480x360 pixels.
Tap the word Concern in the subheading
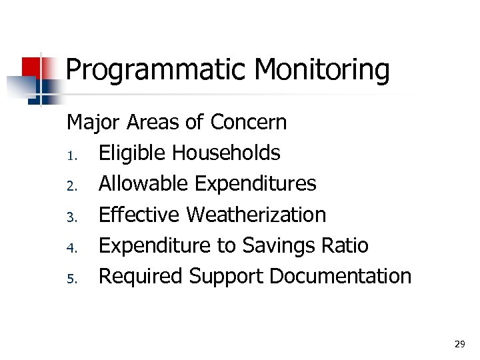click(248, 123)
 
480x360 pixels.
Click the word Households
click(226, 153)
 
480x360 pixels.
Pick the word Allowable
click(143, 184)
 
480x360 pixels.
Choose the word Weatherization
click(256, 215)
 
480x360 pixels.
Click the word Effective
click(139, 215)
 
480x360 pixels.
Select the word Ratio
click(347, 245)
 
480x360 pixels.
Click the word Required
click(141, 276)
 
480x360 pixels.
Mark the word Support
click(223, 276)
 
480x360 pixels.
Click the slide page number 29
click(459, 344)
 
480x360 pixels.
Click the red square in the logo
click(31, 67)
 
